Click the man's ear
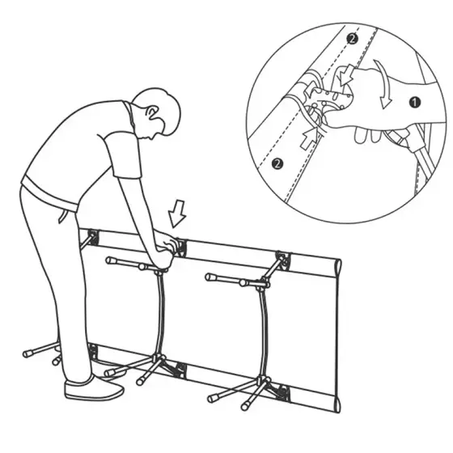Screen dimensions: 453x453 click(152, 113)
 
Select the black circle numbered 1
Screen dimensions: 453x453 click(415, 102)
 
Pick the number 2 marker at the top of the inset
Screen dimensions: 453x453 click(352, 39)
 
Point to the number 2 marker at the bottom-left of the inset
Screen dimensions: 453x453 click(277, 163)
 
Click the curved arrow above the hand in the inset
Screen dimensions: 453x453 click(383, 84)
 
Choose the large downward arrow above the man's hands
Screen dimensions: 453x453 click(177, 214)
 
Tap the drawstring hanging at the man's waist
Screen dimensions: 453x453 click(63, 216)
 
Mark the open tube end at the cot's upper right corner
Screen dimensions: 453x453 click(338, 269)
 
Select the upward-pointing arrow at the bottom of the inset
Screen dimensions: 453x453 click(310, 138)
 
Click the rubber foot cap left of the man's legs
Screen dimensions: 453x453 click(28, 354)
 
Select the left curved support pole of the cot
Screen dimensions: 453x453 click(160, 314)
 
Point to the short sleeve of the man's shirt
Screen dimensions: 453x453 click(125, 156)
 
